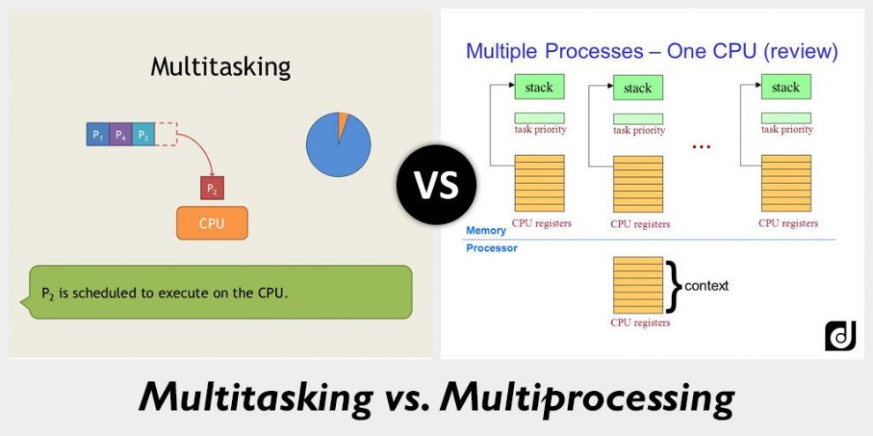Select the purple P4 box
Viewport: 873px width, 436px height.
coord(121,135)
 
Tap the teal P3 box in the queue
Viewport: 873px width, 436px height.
coord(143,135)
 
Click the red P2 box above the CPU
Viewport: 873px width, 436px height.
coord(212,188)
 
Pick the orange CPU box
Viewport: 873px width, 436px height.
coord(212,223)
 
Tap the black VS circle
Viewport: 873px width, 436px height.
coord(436,185)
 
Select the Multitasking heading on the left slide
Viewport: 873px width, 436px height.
coord(220,67)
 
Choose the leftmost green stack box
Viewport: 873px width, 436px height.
coord(539,87)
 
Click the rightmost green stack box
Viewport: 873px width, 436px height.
coord(786,87)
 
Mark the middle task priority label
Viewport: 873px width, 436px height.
coord(638,130)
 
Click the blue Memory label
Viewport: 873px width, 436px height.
coord(486,230)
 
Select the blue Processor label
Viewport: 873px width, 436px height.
coord(491,248)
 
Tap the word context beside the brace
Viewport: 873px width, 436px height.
coord(706,286)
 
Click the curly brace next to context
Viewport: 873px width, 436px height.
coord(675,286)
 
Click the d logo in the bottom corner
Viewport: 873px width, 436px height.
coord(839,336)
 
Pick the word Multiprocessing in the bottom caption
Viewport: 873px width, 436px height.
coord(587,397)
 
